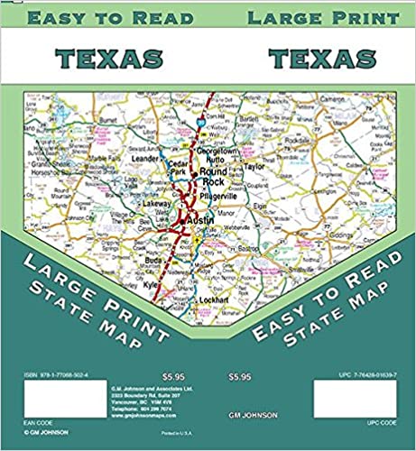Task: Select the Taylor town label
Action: click(255, 167)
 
